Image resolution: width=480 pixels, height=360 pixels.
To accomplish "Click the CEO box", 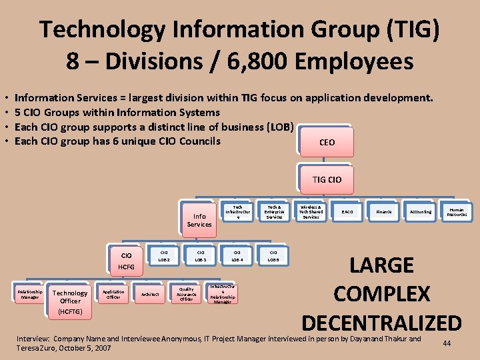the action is coord(327,142).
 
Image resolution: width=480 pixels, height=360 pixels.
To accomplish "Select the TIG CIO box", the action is coord(327,179).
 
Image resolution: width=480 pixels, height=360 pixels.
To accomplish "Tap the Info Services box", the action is coord(199,219).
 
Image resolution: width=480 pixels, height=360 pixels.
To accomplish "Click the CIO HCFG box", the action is coord(126,261).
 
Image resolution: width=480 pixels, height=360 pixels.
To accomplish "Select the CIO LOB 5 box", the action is coord(273,256).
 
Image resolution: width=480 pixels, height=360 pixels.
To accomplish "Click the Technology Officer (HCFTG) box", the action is coord(70,301).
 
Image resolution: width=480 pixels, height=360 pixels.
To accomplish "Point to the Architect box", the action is coord(150,294).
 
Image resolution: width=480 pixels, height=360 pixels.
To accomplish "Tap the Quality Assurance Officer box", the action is coord(187,294).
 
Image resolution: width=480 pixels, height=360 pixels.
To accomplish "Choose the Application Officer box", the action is coord(113,294).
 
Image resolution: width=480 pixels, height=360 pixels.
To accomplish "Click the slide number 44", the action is coord(447,343).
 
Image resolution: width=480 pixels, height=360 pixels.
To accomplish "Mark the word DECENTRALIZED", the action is coord(381,323).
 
